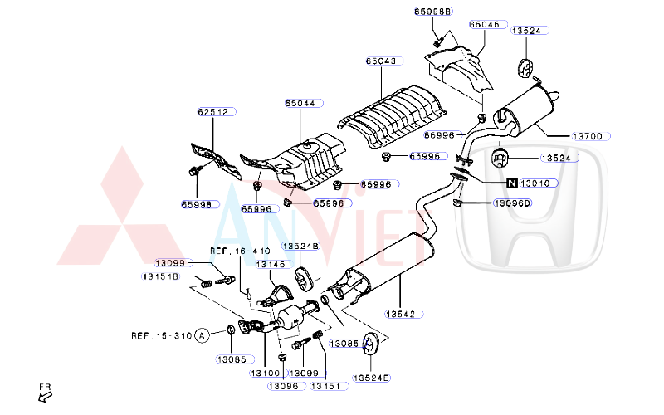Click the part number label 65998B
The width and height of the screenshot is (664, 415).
433,12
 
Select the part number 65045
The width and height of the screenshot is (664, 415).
485,26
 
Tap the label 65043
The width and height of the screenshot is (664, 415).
383,61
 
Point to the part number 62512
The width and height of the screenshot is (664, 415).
212,111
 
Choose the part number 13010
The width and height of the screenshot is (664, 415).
539,183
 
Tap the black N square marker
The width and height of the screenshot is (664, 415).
512,183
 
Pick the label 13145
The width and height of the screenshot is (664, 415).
271,265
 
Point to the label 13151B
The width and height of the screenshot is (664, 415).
160,276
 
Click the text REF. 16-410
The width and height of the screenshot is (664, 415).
240,250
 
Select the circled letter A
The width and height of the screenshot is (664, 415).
200,336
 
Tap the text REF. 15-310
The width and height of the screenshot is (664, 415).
161,336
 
